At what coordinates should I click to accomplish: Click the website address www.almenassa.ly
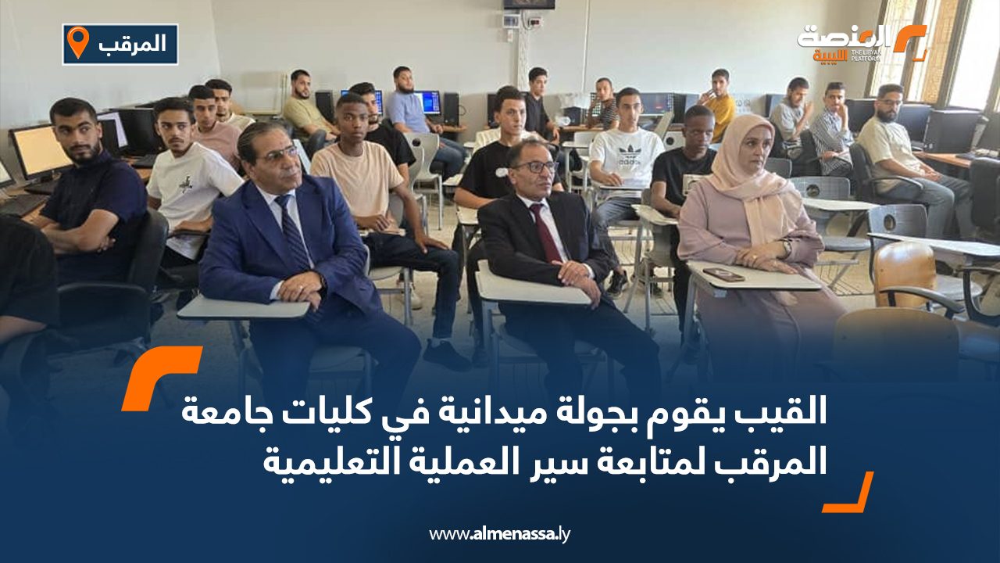(500, 534)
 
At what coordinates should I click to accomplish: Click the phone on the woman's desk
(723, 274)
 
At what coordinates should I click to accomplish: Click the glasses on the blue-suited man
(277, 154)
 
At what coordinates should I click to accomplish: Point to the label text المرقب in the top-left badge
(133, 44)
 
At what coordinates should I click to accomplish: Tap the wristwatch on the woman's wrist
(786, 249)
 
